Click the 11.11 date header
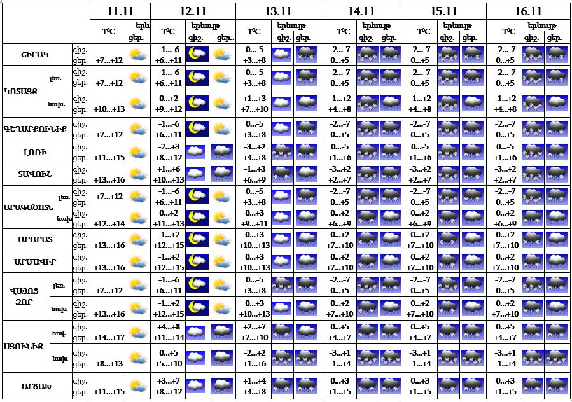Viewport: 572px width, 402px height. pos(120,11)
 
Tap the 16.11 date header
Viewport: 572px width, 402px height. pos(529,11)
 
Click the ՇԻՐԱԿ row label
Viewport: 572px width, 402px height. pos(35,55)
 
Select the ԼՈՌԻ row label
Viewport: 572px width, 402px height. pos(35,153)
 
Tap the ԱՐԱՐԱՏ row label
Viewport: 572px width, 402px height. pos(35,239)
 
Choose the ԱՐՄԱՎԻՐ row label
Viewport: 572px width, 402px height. pos(35,261)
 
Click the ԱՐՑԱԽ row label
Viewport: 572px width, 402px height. pos(35,386)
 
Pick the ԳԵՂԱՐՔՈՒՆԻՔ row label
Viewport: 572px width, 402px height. pos(35,130)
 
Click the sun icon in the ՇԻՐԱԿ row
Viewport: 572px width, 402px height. pos(137,55)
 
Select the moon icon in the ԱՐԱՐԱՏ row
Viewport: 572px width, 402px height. pos(197,240)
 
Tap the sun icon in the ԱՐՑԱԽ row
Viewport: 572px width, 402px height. pos(137,385)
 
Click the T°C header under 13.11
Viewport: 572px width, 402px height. pos(254,31)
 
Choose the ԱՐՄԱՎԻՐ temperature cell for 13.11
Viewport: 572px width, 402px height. pos(254,261)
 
